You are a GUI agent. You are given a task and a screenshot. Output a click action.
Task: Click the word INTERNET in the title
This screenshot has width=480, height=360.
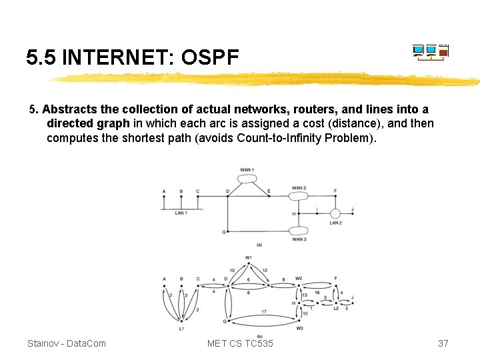pyautogui.click(x=117, y=57)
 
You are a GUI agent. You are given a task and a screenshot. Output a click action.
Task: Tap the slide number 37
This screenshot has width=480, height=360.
pyautogui.click(x=443, y=343)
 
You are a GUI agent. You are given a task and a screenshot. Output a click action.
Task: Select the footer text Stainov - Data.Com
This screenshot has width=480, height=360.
pyautogui.click(x=67, y=343)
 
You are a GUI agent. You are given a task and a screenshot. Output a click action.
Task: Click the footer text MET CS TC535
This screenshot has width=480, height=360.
pyautogui.click(x=240, y=343)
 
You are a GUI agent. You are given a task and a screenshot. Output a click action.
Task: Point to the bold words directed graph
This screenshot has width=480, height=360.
pyautogui.click(x=88, y=123)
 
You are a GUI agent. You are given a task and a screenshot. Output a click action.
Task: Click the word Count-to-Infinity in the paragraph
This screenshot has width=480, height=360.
pyautogui.click(x=277, y=138)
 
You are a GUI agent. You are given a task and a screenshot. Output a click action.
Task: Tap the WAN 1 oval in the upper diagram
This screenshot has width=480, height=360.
pyautogui.click(x=247, y=179)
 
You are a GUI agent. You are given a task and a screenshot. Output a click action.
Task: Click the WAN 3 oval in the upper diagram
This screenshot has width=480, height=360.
pyautogui.click(x=298, y=231)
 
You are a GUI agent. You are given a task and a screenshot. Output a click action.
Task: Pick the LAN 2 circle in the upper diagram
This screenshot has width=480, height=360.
pyautogui.click(x=335, y=213)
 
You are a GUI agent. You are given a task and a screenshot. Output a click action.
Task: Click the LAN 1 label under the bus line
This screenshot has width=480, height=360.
pyautogui.click(x=181, y=213)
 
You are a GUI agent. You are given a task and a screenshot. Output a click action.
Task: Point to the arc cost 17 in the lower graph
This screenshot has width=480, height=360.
pyautogui.click(x=264, y=311)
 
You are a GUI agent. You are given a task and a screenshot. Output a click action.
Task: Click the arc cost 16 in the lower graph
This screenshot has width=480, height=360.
pyautogui.click(x=317, y=293)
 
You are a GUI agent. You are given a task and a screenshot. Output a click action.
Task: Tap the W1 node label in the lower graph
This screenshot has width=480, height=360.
pyautogui.click(x=248, y=258)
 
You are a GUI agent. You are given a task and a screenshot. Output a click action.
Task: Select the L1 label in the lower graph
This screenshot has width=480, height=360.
pyautogui.click(x=181, y=328)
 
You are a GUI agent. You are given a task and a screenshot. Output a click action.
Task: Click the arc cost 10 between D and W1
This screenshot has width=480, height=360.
pyautogui.click(x=232, y=271)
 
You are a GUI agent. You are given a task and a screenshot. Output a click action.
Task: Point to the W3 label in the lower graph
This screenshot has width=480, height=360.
pyautogui.click(x=299, y=328)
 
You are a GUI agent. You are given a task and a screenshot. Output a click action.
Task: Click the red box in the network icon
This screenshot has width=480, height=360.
pyautogui.click(x=443, y=53)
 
